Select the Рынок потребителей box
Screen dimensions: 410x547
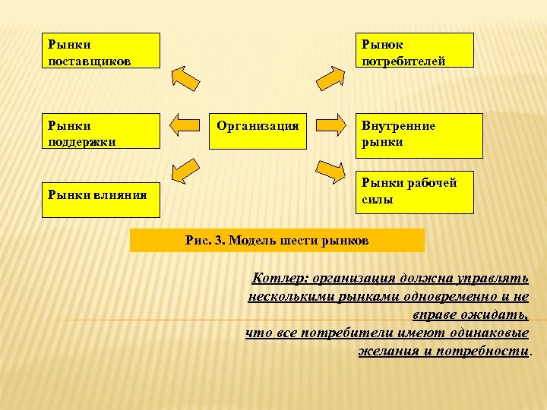[415, 50]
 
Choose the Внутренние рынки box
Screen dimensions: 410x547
[419, 135]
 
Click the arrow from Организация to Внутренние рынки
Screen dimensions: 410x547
[330, 125]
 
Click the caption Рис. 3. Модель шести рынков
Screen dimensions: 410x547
[277, 241]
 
